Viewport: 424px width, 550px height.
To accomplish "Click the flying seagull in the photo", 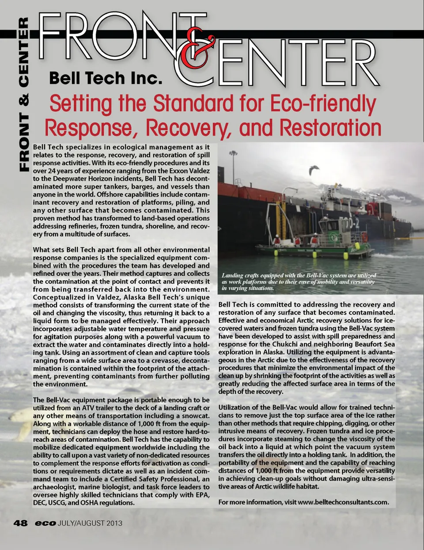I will click(x=314, y=170).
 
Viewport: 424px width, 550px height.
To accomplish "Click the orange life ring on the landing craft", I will click(x=364, y=237).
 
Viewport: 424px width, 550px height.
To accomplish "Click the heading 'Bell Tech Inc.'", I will click(x=106, y=78).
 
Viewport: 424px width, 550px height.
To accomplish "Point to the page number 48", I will click(x=20, y=523).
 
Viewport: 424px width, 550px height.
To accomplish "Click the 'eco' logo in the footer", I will click(x=45, y=523).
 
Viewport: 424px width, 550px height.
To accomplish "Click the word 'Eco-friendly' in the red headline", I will click(x=322, y=104).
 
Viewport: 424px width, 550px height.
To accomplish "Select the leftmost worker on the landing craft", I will click(x=277, y=240).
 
